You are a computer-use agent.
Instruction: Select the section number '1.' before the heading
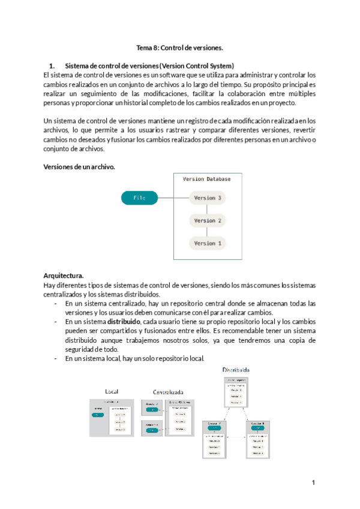[52, 65]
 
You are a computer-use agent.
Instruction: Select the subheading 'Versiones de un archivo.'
[79, 167]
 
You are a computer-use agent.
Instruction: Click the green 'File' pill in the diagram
[139, 197]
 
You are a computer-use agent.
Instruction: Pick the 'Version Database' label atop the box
[206, 179]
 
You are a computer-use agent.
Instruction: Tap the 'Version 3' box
[208, 197]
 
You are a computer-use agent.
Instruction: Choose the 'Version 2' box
[208, 220]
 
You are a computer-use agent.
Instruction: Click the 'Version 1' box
[208, 243]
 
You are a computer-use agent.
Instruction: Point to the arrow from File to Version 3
[173, 197]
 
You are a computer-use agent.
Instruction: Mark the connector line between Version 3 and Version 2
[208, 209]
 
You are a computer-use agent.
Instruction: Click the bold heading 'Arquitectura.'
[64, 275]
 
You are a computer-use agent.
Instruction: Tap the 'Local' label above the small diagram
[112, 391]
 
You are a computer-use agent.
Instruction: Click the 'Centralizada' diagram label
[168, 391]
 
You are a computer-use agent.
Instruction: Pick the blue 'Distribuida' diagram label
[236, 370]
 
